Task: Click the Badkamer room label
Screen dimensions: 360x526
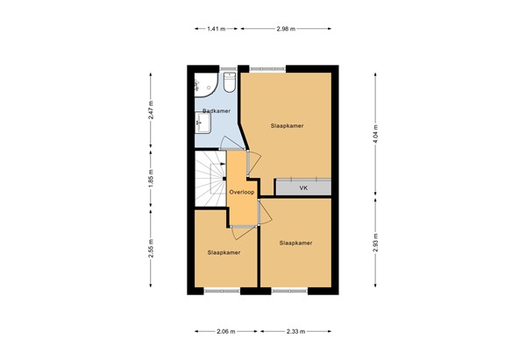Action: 216,110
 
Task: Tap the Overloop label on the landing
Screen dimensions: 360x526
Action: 241,191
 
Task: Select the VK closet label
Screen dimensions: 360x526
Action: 303,187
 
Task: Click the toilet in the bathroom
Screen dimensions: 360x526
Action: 230,82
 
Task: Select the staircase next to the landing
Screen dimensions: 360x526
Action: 210,180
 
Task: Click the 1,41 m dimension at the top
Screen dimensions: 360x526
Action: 216,29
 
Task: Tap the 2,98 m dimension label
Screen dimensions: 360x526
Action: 286,29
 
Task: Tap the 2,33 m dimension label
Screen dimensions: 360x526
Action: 295,331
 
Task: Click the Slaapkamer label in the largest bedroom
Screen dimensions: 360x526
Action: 288,126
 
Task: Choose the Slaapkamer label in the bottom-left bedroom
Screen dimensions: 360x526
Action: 224,252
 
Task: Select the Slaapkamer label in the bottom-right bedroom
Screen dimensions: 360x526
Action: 295,243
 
